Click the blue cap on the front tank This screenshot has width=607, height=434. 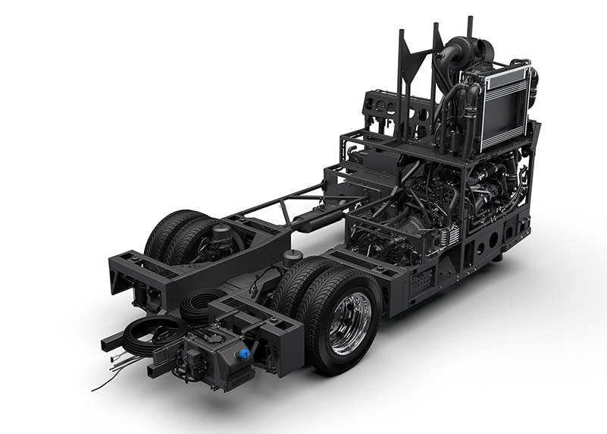[x=243, y=354]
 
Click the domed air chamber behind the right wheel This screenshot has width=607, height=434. [x=291, y=259]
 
